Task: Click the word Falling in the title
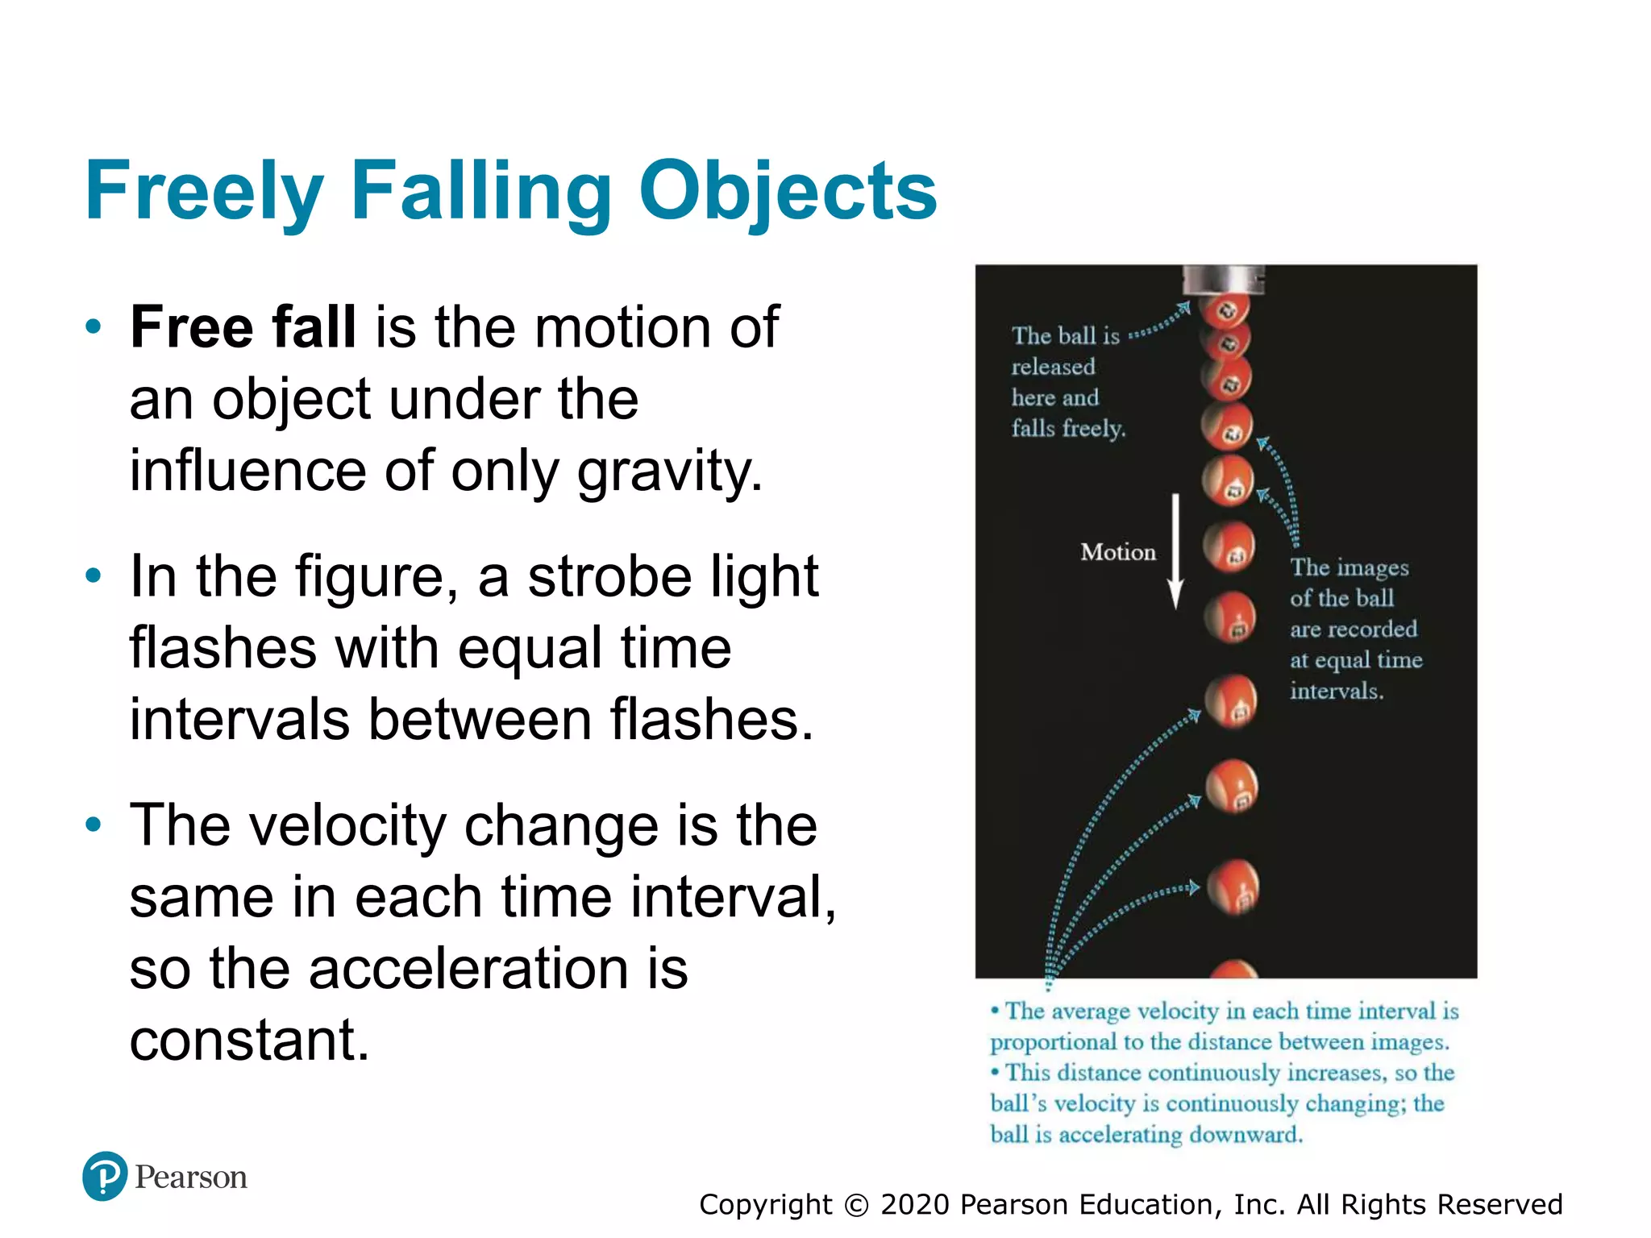(x=481, y=191)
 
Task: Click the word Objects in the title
(x=788, y=191)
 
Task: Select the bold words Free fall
(x=243, y=327)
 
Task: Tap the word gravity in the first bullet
(x=669, y=471)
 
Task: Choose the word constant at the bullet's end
(x=249, y=1040)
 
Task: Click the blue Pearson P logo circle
(x=105, y=1176)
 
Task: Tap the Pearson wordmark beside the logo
(x=191, y=1178)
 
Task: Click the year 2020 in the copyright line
(x=915, y=1205)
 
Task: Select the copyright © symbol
(x=856, y=1205)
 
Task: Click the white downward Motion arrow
(x=1175, y=551)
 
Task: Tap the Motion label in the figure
(x=1118, y=552)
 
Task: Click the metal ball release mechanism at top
(x=1223, y=280)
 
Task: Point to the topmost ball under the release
(x=1224, y=310)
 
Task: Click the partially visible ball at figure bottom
(x=1233, y=969)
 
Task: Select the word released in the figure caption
(x=1053, y=367)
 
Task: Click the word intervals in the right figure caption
(x=1337, y=691)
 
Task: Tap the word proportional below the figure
(x=1053, y=1042)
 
